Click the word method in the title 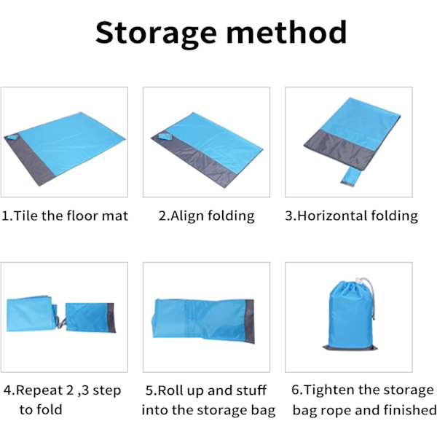[x=287, y=32]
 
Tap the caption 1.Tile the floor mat [x=65, y=216]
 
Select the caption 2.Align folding [x=207, y=216]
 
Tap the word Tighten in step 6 [x=329, y=390]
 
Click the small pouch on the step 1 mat [x=12, y=138]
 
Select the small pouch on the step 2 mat [x=165, y=136]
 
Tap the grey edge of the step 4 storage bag [x=111, y=318]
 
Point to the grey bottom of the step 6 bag [x=350, y=347]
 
